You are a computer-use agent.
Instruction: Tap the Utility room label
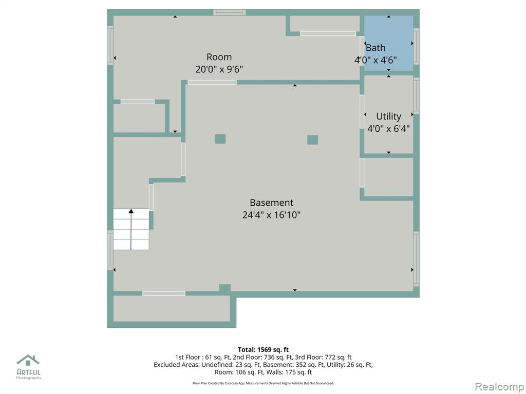coord(388,116)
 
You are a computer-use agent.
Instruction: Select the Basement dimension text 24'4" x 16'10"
coord(271,215)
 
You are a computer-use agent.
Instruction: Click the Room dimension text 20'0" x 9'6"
coord(219,69)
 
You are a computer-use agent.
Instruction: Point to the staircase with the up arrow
coord(131,229)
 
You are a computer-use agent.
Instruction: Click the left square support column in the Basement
coord(220,139)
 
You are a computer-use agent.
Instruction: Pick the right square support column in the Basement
coord(312,140)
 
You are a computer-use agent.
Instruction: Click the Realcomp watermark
coord(499,387)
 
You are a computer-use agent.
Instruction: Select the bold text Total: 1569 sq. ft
coord(263,350)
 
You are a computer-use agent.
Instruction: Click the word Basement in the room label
coord(271,202)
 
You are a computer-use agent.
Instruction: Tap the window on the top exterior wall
coord(230,12)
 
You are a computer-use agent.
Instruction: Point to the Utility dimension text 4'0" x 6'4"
coord(388,129)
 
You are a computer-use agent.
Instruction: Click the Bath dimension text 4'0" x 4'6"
coord(375,60)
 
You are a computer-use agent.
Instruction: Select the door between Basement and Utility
coord(362,111)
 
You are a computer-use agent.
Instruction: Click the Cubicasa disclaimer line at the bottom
coord(263,383)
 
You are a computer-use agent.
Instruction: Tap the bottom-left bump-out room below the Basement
coord(172,308)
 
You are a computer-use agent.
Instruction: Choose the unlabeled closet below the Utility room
coord(388,177)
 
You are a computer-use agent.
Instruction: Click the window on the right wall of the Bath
coord(416,46)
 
